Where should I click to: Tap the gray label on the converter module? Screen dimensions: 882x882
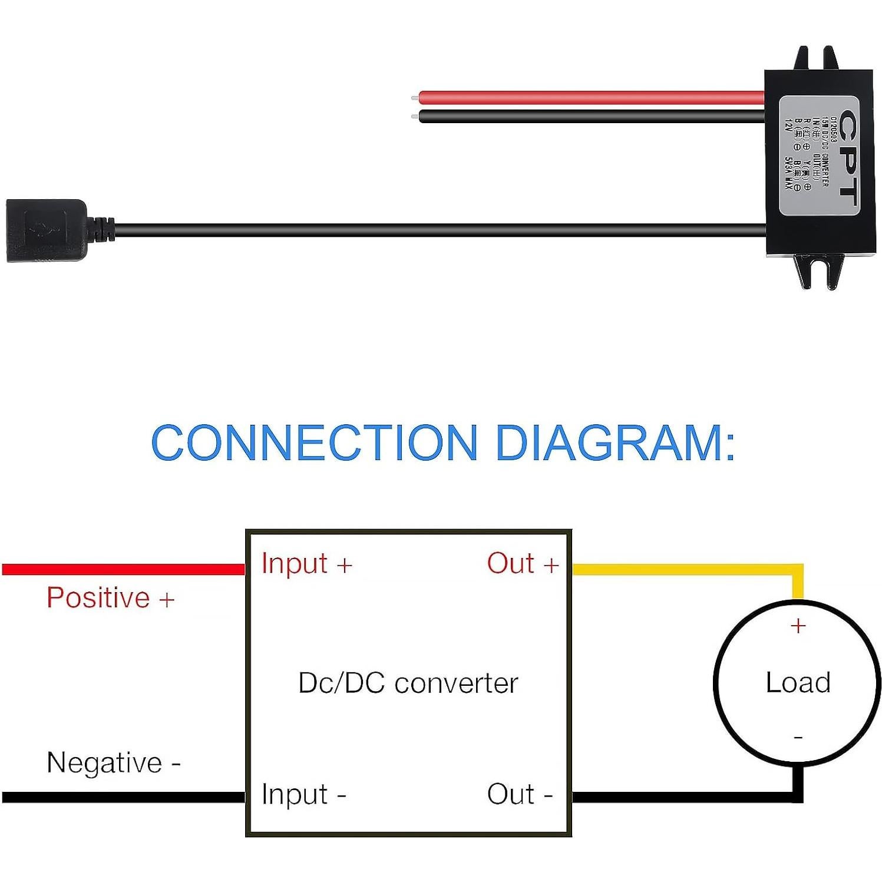pos(819,156)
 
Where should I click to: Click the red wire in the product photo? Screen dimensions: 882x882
pos(589,97)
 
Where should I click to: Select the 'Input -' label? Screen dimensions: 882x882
pos(303,794)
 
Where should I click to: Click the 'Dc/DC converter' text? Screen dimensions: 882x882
pos(408,683)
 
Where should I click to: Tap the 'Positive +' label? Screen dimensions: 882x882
pos(110,598)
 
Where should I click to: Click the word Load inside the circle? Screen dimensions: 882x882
pos(798,683)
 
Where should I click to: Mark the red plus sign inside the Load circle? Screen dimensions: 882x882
pos(798,626)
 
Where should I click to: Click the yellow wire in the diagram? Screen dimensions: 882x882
pos(683,569)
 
